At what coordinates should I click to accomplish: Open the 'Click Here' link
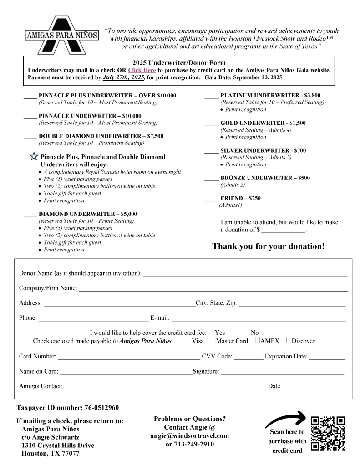(x=142, y=70)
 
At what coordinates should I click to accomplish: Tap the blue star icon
(x=34, y=157)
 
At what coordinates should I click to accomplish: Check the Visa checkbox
(x=189, y=339)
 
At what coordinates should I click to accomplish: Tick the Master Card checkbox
(x=213, y=339)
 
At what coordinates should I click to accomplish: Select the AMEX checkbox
(x=257, y=339)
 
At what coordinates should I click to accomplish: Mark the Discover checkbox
(x=289, y=339)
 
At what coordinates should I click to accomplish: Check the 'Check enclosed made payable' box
(x=30, y=339)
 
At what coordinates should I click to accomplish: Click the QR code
(x=328, y=433)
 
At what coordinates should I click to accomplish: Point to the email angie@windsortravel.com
(x=189, y=435)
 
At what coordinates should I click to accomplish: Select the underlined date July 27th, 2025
(x=124, y=77)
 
